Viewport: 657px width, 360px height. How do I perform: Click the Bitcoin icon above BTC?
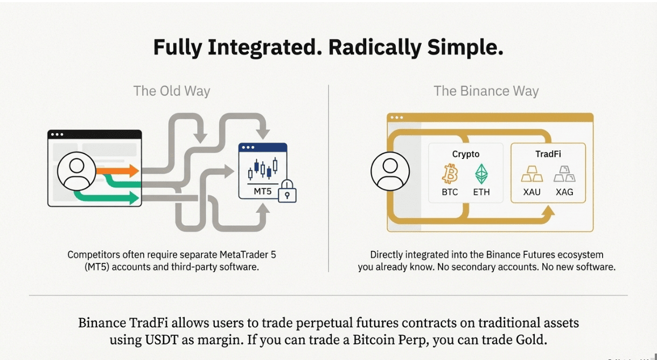pyautogui.click(x=450, y=174)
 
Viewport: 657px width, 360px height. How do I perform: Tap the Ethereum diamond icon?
pyautogui.click(x=481, y=174)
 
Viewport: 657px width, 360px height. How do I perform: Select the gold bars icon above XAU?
pyautogui.click(x=532, y=174)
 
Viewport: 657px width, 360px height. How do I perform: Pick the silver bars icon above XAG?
pyautogui.click(x=564, y=174)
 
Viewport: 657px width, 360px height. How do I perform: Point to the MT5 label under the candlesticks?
pyautogui.click(x=262, y=191)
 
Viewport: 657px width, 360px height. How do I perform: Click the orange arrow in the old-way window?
pyautogui.click(x=117, y=171)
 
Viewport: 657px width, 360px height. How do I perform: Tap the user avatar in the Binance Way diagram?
pyautogui.click(x=390, y=171)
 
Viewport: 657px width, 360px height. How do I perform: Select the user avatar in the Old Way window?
pyautogui.click(x=76, y=171)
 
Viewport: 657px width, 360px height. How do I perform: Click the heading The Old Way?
pyautogui.click(x=172, y=91)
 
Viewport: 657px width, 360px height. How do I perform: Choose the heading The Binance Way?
pyautogui.click(x=486, y=91)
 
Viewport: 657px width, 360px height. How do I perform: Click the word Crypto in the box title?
pyautogui.click(x=466, y=154)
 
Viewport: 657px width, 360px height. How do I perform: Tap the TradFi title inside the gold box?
pyautogui.click(x=548, y=154)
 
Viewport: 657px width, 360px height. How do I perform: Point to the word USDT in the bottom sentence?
pyautogui.click(x=162, y=340)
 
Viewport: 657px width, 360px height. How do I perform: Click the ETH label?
pyautogui.click(x=481, y=192)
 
